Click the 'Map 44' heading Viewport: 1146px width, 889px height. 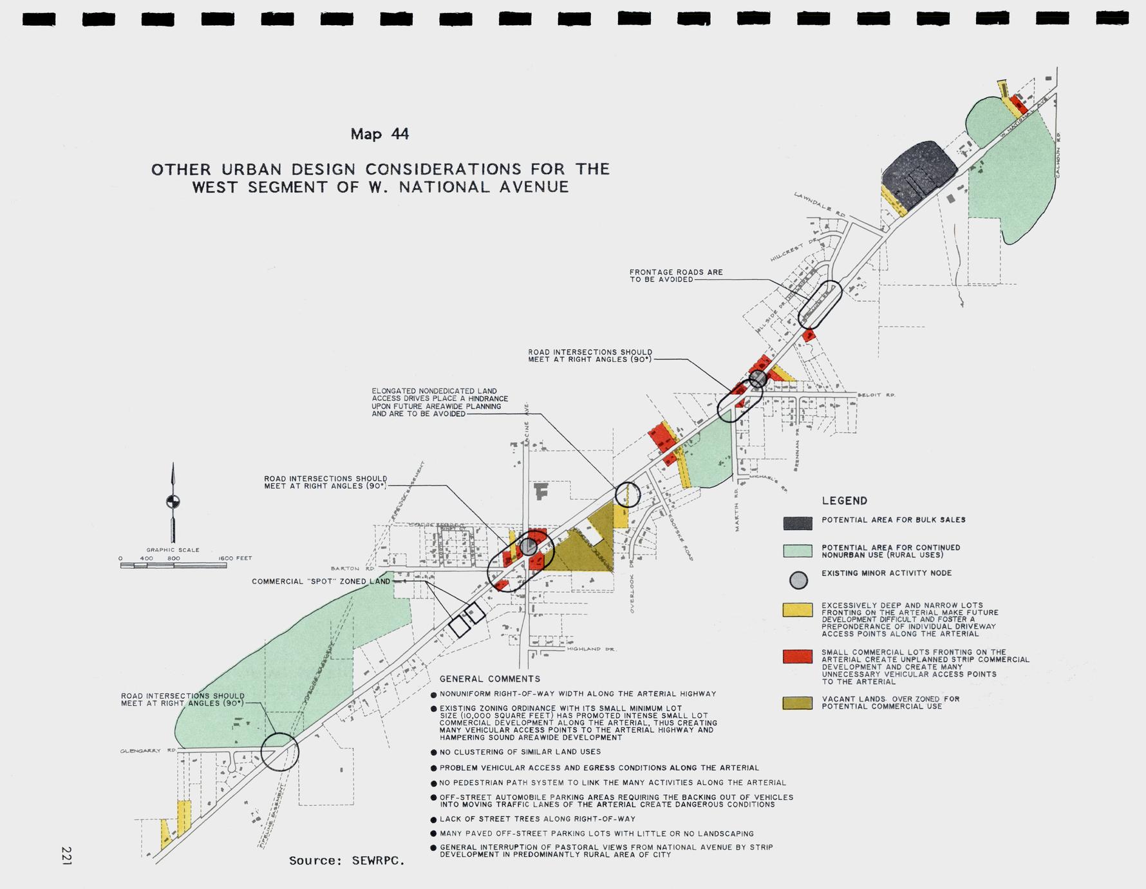coord(379,134)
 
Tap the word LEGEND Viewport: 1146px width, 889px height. coord(844,501)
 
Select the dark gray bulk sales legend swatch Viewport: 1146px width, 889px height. coord(797,523)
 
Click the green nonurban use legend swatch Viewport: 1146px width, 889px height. coord(797,551)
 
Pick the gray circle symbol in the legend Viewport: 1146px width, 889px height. coord(798,580)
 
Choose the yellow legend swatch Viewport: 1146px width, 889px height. coord(797,610)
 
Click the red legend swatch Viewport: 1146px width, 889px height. coord(797,656)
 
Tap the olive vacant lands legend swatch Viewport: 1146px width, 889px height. coord(797,703)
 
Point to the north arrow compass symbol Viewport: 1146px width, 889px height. coord(173,501)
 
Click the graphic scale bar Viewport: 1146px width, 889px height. coord(173,566)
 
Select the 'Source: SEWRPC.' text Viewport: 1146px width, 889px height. coord(346,861)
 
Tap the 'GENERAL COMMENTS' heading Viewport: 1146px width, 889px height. coord(489,679)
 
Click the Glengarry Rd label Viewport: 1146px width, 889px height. coord(148,751)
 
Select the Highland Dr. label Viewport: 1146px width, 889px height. coord(592,649)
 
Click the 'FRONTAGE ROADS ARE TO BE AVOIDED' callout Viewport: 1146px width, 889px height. coord(676,276)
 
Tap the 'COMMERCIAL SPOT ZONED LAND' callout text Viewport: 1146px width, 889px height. coord(321,581)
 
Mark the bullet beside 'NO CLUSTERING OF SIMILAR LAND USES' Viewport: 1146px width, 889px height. coord(433,752)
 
